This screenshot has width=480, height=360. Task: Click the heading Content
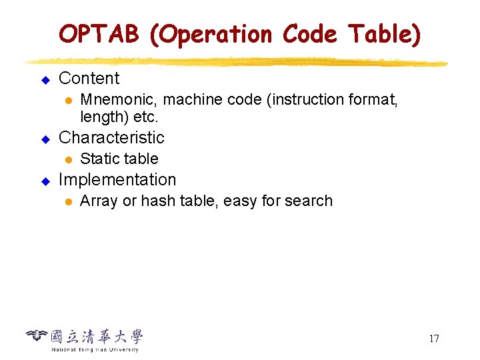point(89,79)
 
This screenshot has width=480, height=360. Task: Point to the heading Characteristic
point(111,138)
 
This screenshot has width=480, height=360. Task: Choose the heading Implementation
point(117,180)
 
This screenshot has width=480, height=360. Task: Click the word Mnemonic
point(118,100)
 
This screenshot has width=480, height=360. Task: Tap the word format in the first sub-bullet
point(375,100)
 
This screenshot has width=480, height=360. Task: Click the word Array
point(97,201)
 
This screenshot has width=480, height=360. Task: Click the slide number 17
point(433,339)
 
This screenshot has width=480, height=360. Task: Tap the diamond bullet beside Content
point(46,80)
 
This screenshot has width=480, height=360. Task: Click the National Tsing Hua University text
point(95,349)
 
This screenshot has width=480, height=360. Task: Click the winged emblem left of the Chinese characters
point(37,335)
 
